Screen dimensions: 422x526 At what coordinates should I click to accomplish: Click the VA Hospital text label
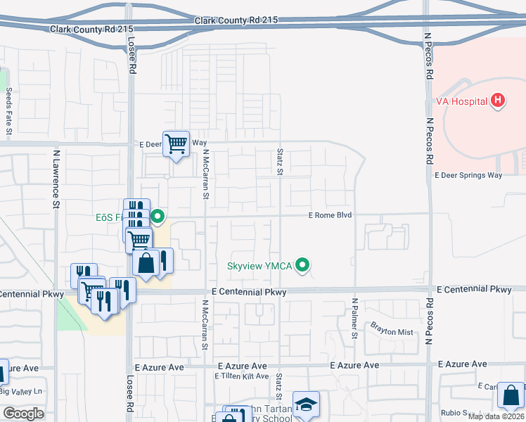point(461,101)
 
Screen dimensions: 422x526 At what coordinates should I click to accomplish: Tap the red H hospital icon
point(498,101)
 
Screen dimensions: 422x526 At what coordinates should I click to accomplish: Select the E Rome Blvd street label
point(330,215)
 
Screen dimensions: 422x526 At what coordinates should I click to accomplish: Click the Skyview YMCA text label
point(259,267)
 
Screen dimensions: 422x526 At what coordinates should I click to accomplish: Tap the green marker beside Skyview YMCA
point(303,266)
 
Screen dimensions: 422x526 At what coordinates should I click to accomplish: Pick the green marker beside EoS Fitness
point(159,217)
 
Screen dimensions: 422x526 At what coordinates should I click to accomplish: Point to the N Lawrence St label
point(55,179)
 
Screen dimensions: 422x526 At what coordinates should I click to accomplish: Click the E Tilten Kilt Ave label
point(242,376)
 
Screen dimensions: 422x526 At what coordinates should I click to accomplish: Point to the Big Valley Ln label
point(21,391)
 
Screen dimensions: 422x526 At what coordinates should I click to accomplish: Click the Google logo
point(23,413)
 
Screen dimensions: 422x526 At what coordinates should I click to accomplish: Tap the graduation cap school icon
point(306,404)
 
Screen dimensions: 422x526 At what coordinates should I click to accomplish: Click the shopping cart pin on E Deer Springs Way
point(177,144)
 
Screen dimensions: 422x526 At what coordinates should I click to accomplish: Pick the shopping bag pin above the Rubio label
point(511,395)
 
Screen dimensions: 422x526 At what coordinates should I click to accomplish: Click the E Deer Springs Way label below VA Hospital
point(468,175)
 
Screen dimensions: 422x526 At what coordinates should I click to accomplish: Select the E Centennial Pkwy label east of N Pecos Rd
point(474,289)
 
